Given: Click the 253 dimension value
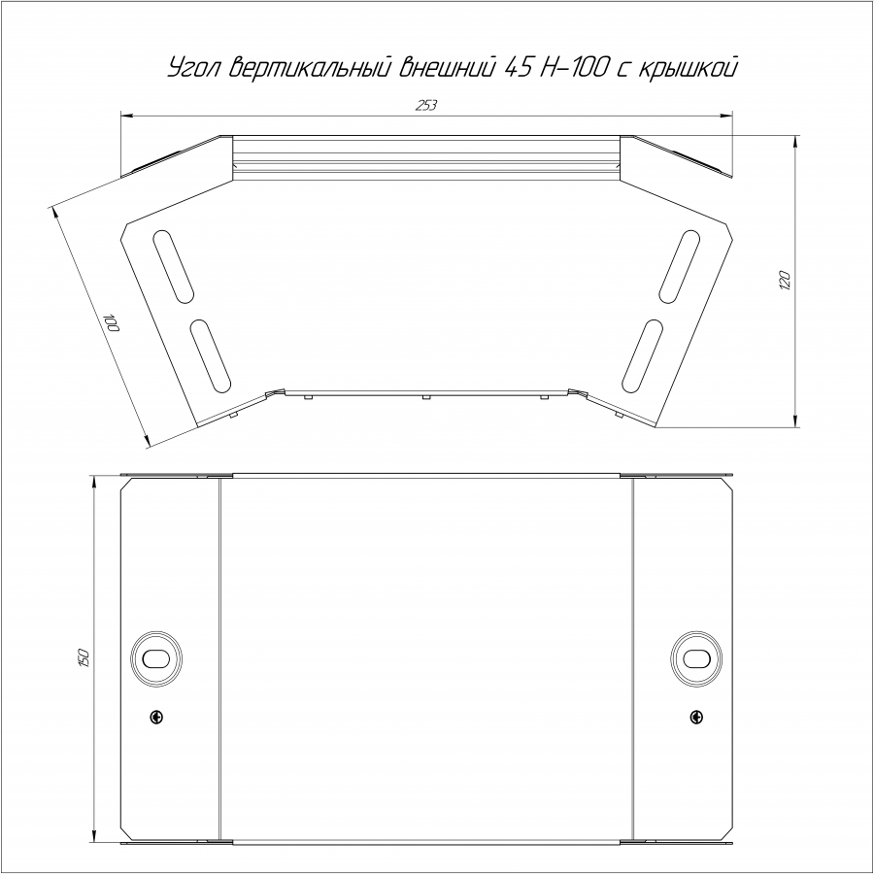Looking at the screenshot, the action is pos(426,105).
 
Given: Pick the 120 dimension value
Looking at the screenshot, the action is pos(785,280).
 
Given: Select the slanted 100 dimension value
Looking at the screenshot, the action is pos(112,323).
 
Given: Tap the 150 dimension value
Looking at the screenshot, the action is pos(84,658).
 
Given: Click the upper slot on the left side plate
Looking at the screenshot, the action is pos(173,266).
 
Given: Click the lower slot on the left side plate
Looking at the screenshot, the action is pos(210,355).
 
